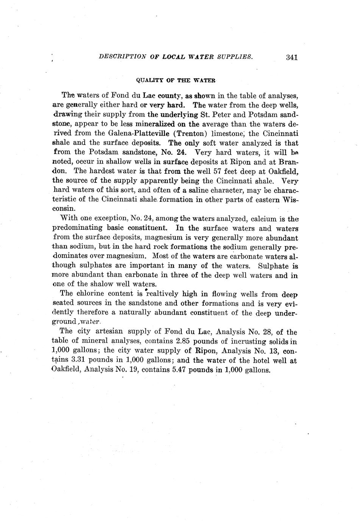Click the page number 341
(292, 57)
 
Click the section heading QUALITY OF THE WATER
(176, 80)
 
